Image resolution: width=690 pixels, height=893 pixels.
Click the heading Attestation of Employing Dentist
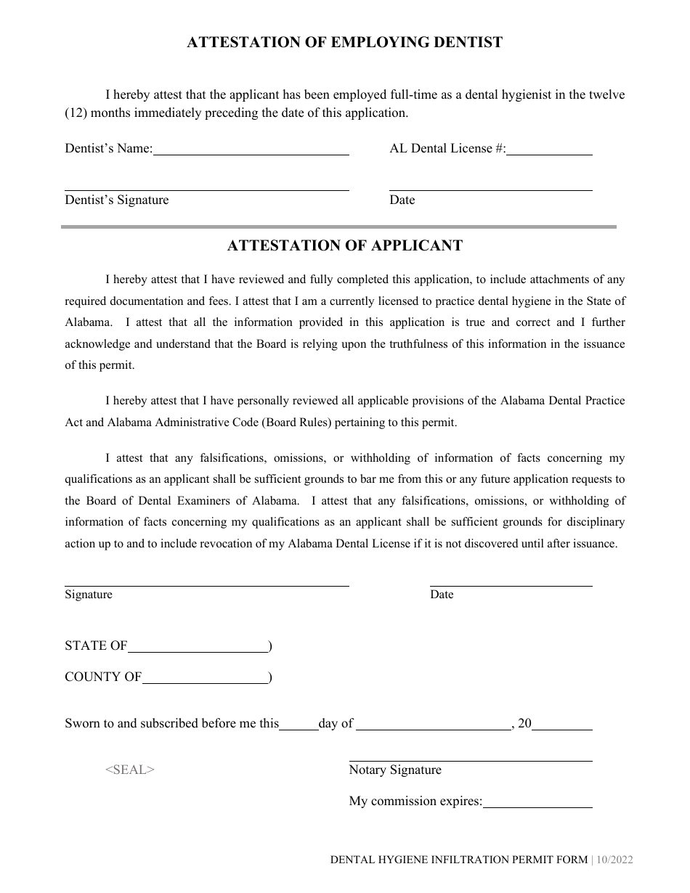344,43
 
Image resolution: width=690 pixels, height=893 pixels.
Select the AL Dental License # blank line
549,150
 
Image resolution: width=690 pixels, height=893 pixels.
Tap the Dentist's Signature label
116,200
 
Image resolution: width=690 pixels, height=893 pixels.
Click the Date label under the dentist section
402,200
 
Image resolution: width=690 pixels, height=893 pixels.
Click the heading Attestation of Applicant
344,245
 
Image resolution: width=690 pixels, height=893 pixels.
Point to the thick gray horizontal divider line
338,227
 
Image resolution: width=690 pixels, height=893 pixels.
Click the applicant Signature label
89,595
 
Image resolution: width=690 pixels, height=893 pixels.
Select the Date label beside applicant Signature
442,595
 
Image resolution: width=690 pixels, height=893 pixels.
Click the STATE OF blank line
198,647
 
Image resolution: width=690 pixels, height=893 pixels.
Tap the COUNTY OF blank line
205,678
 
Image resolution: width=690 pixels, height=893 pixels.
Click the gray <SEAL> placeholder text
130,770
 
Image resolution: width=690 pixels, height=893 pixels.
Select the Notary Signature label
395,770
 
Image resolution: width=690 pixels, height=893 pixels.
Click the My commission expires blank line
537,803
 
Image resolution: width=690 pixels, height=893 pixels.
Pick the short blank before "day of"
299,725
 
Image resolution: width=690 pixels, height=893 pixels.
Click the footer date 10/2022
616,860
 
